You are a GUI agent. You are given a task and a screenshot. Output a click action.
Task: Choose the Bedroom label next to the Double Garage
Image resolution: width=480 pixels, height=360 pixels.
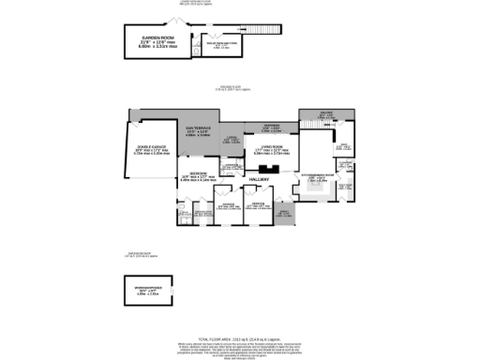tap(199, 175)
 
